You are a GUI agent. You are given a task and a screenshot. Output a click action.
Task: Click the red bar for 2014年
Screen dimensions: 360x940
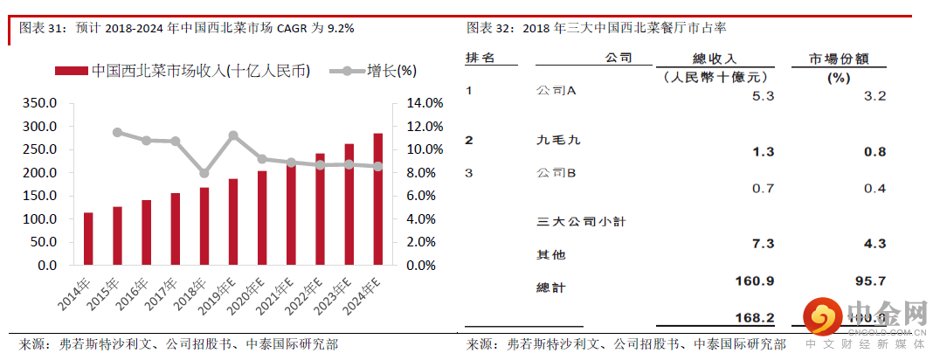coord(88,238)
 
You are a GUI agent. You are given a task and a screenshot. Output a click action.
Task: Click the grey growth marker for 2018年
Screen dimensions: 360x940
coord(204,173)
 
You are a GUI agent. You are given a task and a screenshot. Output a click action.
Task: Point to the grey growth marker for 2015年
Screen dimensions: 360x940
coord(117,132)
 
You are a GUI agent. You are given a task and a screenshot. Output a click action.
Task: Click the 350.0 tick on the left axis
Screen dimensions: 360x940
coord(39,103)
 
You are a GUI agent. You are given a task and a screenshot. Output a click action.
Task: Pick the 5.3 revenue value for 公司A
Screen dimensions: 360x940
coord(762,96)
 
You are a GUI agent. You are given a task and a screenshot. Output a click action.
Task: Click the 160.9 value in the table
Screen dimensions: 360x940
coord(756,280)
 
